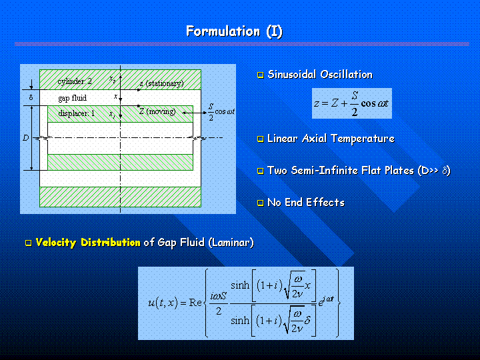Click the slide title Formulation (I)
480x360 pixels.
click(x=234, y=31)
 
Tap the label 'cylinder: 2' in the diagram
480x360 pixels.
click(x=75, y=81)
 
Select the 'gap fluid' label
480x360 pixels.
click(x=73, y=98)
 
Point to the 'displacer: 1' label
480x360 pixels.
click(x=77, y=113)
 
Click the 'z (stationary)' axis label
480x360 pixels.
click(x=161, y=83)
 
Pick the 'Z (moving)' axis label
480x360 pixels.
click(x=157, y=111)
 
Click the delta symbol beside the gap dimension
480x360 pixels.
click(x=31, y=97)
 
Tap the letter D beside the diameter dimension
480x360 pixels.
click(x=26, y=138)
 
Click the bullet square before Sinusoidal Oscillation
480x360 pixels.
click(x=261, y=75)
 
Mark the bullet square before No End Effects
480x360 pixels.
click(x=261, y=203)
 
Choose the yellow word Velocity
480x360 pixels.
click(x=56, y=243)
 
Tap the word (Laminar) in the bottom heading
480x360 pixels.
click(x=231, y=243)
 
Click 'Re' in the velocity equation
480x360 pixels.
click(x=195, y=303)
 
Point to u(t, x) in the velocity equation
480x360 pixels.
click(x=163, y=303)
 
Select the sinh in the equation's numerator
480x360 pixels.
click(x=240, y=285)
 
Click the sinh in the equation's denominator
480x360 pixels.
click(x=240, y=321)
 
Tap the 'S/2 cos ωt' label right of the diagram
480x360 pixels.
click(x=221, y=112)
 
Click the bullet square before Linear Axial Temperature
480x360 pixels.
click(x=261, y=139)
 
